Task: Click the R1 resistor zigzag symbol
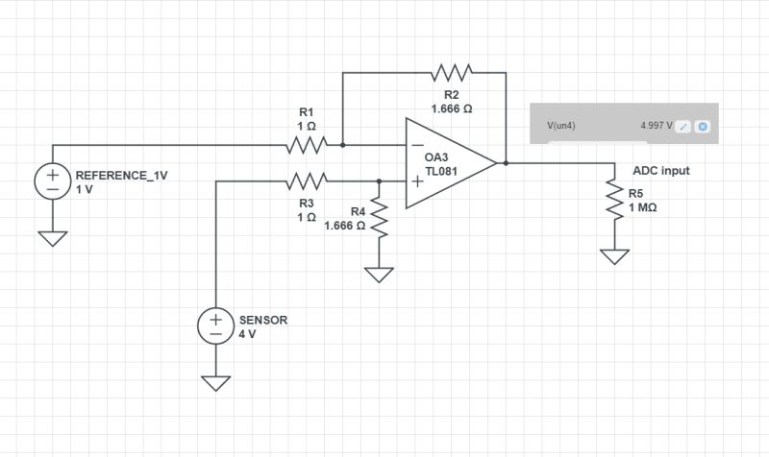coord(308,145)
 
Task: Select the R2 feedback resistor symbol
coord(451,73)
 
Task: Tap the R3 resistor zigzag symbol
coord(308,180)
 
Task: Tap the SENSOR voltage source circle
coord(216,325)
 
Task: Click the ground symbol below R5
coord(613,256)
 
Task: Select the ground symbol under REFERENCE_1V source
coord(52,238)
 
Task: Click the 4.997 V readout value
coord(656,126)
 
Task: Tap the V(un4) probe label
coord(561,126)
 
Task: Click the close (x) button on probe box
coord(703,127)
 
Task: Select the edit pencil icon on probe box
coord(682,127)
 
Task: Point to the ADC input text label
coord(660,171)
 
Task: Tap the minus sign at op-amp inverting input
coord(418,145)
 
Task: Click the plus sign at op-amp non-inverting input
coord(418,180)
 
